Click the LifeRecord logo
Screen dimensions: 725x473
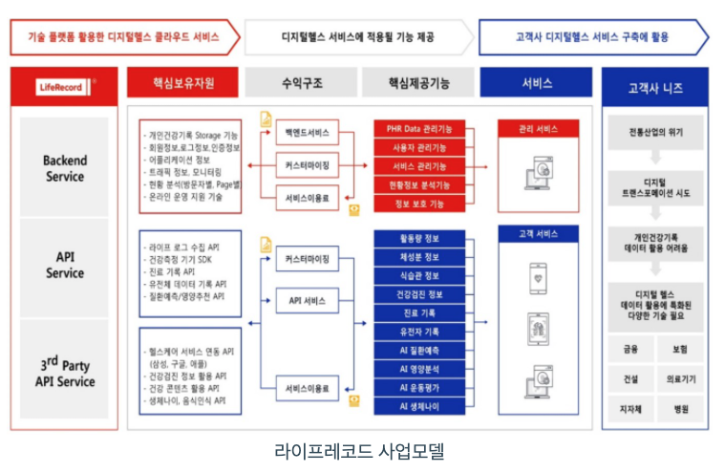(x=64, y=87)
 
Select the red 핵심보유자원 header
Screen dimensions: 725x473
(x=182, y=83)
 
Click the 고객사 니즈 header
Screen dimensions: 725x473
(x=654, y=87)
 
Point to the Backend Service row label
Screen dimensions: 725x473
(x=64, y=168)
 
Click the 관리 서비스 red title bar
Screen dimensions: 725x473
(x=538, y=127)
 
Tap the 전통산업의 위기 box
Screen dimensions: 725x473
(x=654, y=132)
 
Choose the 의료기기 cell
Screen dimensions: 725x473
(x=679, y=379)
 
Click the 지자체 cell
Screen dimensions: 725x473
(x=630, y=409)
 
